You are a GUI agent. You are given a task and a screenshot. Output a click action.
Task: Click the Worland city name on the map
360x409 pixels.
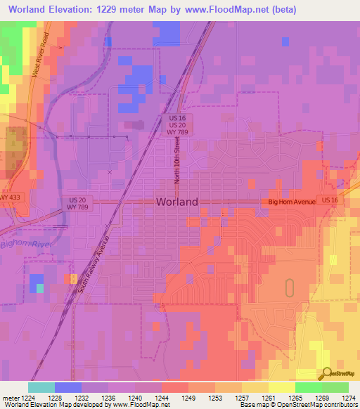[x=176, y=202]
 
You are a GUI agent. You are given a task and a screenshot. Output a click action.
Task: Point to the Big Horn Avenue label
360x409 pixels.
[x=292, y=202]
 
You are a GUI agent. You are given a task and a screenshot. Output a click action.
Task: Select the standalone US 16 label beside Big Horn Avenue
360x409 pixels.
[x=330, y=200]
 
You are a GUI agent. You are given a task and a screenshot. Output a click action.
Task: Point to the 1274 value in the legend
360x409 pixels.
[x=349, y=398]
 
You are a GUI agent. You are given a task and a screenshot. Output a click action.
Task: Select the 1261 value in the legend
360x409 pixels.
[x=269, y=398]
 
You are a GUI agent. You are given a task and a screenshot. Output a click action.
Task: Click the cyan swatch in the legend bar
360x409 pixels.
[x=41, y=387]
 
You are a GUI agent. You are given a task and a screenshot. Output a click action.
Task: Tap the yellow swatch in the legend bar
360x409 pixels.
[x=282, y=387]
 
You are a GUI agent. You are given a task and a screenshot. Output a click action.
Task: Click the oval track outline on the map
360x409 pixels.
[x=289, y=287]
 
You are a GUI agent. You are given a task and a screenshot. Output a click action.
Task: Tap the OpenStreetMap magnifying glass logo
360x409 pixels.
[x=326, y=375]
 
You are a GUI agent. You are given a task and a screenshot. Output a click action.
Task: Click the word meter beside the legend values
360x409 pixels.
[x=10, y=398]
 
